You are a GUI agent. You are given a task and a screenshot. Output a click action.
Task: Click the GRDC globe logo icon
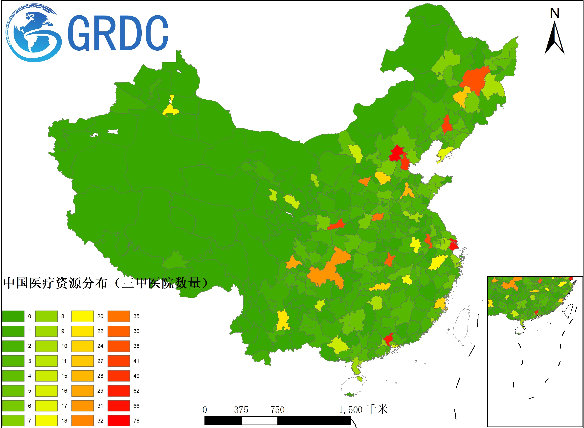click(x=33, y=33)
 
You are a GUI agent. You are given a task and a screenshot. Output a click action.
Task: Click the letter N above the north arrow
click(x=555, y=13)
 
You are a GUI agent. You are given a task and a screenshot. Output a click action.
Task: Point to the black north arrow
click(x=555, y=39)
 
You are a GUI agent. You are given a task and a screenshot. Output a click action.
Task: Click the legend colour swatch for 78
click(x=118, y=420)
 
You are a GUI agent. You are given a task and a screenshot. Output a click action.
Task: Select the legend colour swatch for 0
click(x=13, y=316)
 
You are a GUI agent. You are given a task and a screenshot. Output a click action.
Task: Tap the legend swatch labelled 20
click(x=82, y=316)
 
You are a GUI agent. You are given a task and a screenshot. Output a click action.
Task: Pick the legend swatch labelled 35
click(x=118, y=316)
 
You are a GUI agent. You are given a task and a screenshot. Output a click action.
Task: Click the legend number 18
click(x=64, y=421)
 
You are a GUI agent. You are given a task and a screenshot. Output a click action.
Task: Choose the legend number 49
click(x=136, y=376)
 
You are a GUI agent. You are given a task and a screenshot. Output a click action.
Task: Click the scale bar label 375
click(x=241, y=410)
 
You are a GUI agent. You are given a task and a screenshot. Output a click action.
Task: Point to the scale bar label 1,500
click(x=351, y=410)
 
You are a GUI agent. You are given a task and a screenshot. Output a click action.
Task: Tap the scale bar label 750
click(x=277, y=410)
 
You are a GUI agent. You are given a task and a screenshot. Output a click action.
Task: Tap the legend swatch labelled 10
click(x=46, y=346)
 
